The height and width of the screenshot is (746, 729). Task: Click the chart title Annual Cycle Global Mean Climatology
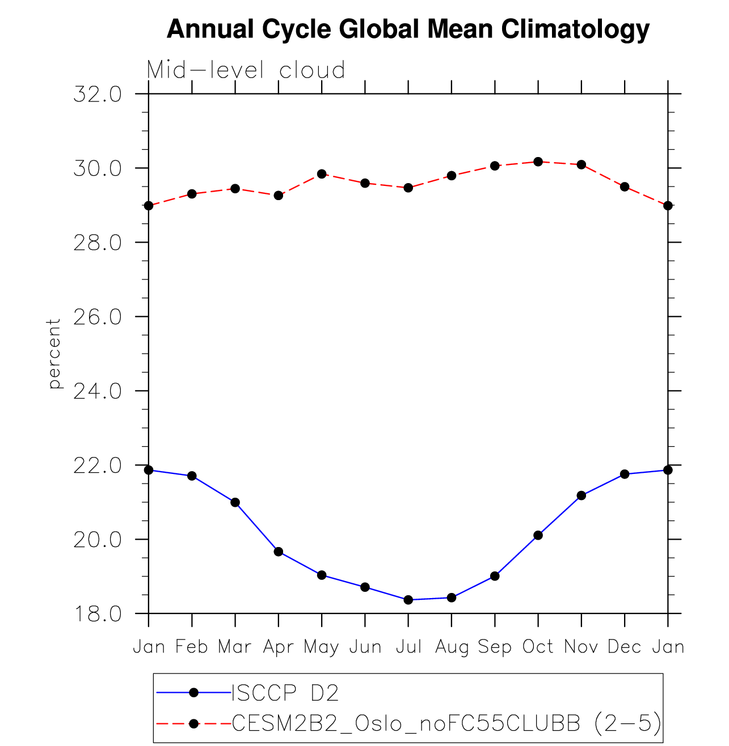[408, 29]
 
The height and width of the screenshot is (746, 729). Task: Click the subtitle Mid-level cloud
[246, 70]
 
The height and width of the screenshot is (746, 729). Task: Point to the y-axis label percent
[54, 354]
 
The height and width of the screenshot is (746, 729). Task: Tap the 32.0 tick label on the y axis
[98, 94]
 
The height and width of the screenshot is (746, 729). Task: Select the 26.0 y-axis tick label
[98, 317]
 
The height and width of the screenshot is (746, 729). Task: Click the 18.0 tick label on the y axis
[98, 614]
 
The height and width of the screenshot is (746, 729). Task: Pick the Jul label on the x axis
[408, 647]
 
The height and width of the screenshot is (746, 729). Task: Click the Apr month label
[278, 647]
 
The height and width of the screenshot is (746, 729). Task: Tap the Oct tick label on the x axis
[538, 647]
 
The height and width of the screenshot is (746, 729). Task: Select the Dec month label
[625, 647]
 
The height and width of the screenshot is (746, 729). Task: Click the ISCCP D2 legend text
[285, 693]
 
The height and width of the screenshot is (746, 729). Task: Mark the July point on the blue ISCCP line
[408, 600]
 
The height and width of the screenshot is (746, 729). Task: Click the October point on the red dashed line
[538, 162]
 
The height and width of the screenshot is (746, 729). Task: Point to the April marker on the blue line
[279, 552]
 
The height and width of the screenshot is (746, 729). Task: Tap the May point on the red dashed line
[322, 174]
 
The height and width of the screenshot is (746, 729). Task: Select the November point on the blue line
[581, 495]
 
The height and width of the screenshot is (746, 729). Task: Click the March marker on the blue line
[235, 502]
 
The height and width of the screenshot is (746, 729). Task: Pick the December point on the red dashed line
[625, 186]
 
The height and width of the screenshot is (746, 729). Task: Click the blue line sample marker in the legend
[193, 692]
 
